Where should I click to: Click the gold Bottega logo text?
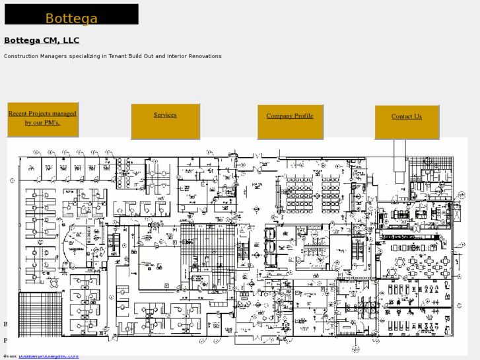click(71, 18)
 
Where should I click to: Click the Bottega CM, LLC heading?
click(42, 41)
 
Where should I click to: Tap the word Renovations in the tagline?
click(205, 56)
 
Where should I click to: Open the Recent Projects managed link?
click(42, 118)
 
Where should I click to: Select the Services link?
click(165, 115)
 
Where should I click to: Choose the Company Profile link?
click(290, 116)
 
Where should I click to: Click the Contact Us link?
click(406, 117)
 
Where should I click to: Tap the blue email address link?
click(48, 356)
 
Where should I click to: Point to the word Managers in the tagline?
click(55, 56)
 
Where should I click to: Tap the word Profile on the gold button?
click(304, 116)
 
